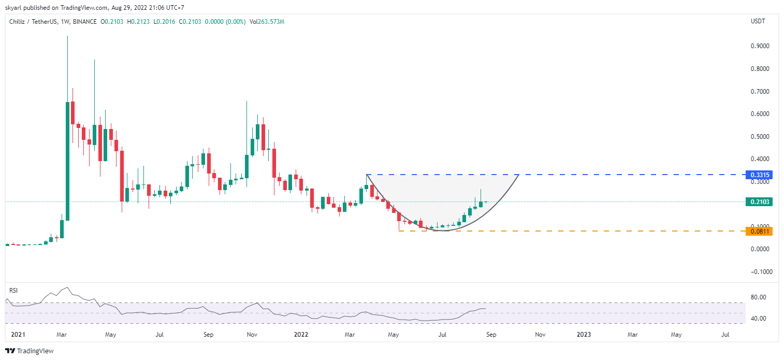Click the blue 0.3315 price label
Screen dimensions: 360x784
tap(759, 175)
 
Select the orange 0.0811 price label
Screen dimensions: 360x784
tap(759, 231)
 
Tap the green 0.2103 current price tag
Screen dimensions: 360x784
tap(759, 202)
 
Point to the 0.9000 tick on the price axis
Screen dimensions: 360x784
tap(760, 46)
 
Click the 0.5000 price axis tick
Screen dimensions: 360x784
tap(760, 137)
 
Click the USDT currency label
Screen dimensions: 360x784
tap(758, 21)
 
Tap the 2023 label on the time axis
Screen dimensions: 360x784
tap(584, 335)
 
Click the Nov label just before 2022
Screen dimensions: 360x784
tap(252, 335)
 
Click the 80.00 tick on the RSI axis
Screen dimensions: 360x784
tap(759, 297)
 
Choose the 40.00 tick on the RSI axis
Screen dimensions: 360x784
tap(759, 319)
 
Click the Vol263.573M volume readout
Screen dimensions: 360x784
tap(267, 22)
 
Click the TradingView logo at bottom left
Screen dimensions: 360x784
tap(30, 351)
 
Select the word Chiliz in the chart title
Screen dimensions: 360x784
tap(18, 22)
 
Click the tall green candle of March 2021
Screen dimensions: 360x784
tap(67, 161)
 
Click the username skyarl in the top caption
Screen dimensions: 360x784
tap(13, 8)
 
